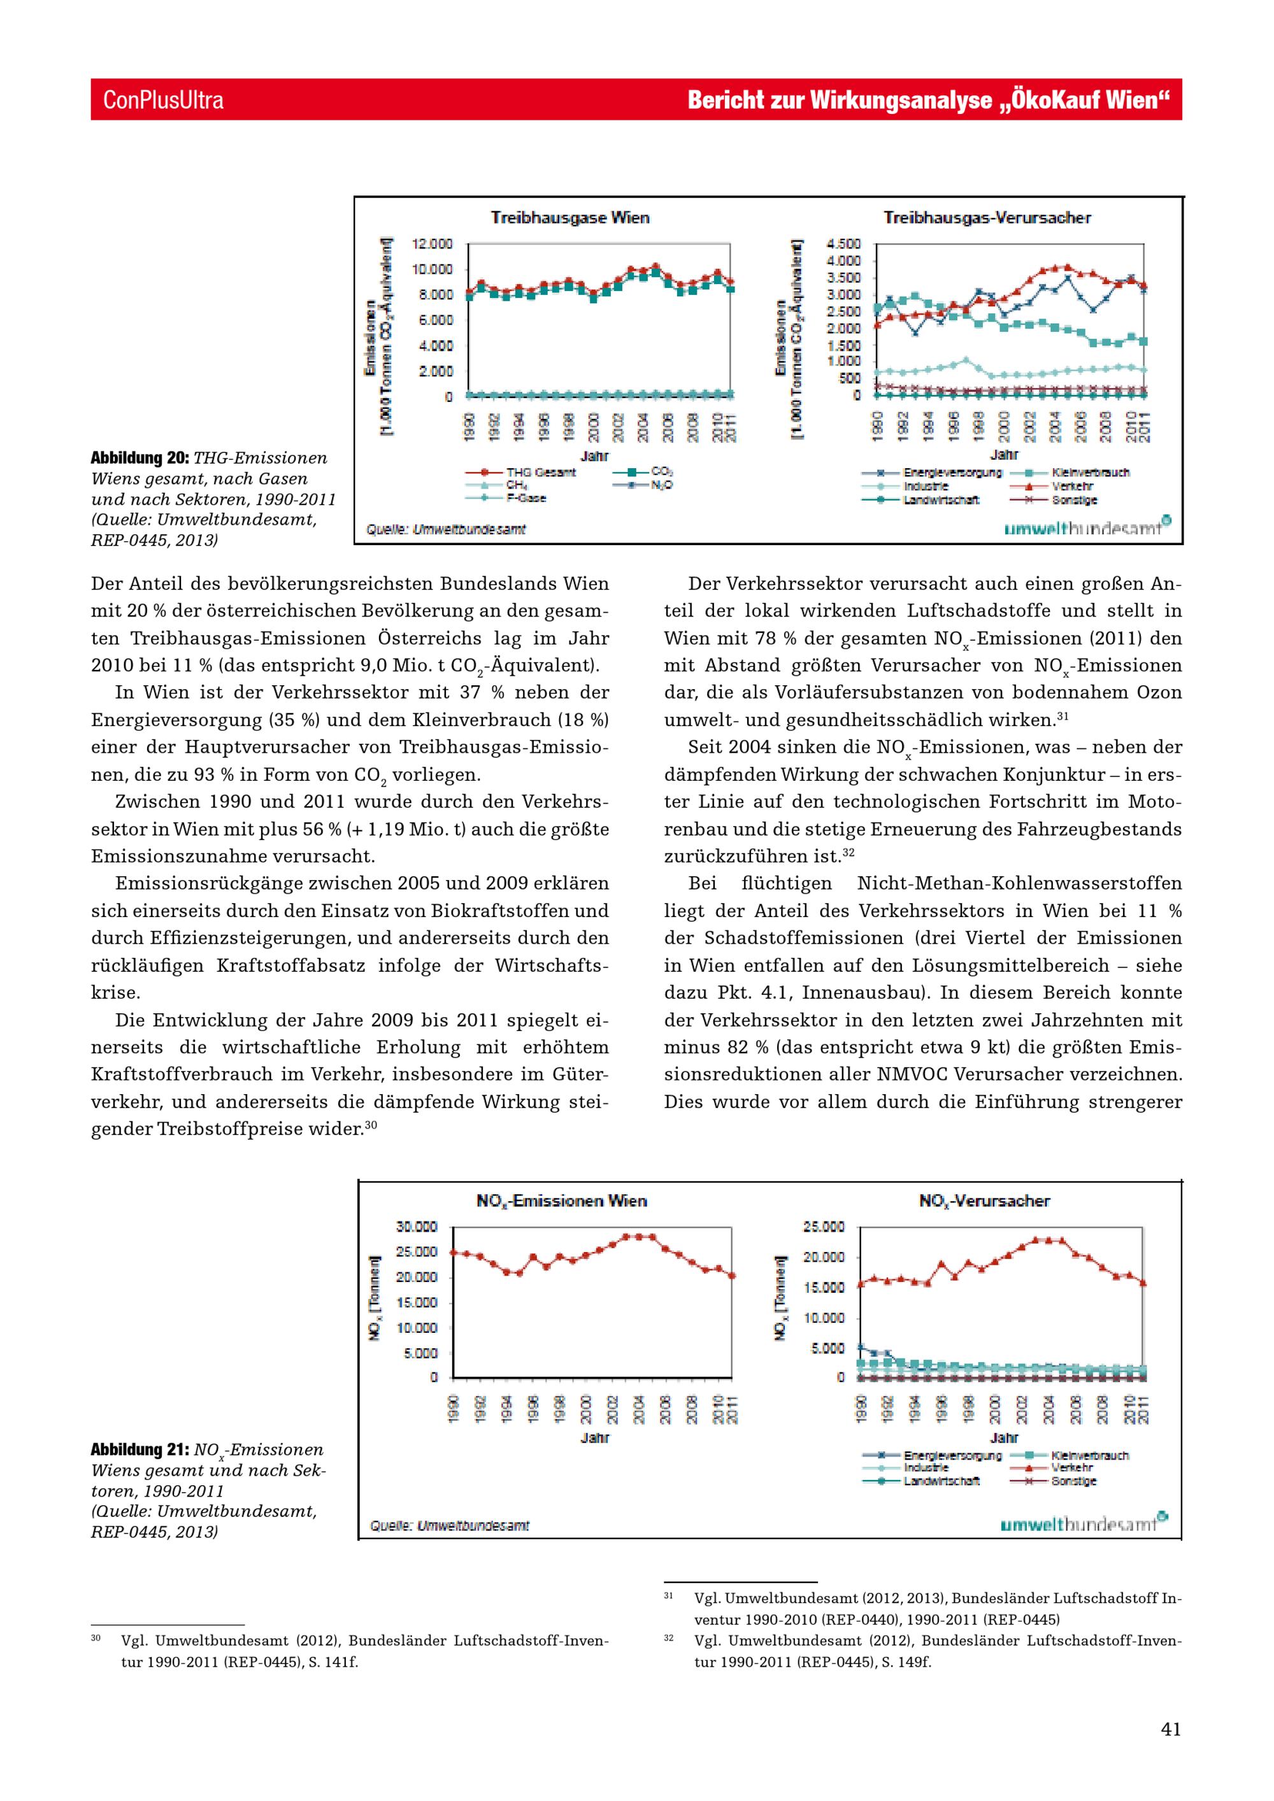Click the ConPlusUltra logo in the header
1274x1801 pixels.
[163, 99]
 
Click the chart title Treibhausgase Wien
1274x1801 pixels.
[569, 217]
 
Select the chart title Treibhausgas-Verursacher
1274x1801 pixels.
[987, 217]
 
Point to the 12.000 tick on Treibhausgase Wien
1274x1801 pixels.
[433, 244]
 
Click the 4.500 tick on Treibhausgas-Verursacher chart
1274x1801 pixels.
[843, 244]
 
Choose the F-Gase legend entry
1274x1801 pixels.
[526, 498]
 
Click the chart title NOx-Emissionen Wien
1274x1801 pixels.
[562, 1201]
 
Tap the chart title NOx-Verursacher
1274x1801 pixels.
[984, 1201]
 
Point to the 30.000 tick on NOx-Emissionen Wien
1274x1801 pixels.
[416, 1227]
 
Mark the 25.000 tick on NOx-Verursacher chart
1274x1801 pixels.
[824, 1227]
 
